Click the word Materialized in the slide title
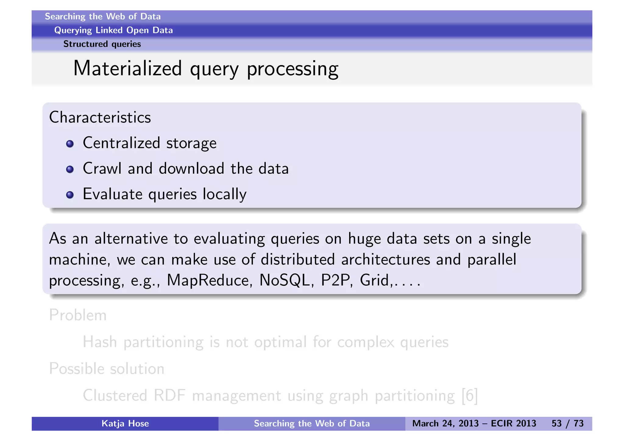pos(127,69)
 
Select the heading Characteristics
pos(100,118)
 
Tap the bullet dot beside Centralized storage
pos(70,144)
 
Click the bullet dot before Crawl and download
pos(70,169)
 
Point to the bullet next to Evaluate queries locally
pos(70,195)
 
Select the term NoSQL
pos(284,280)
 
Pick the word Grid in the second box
pos(374,280)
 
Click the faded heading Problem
pos(78,315)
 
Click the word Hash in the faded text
pos(100,342)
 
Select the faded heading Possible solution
pos(107,369)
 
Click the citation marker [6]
pos(470,396)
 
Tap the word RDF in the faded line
pos(169,396)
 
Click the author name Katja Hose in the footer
pos(125,424)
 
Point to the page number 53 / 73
pos(567,424)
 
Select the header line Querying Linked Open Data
pos(113,30)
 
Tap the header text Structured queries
pos(102,44)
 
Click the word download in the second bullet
pos(191,169)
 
